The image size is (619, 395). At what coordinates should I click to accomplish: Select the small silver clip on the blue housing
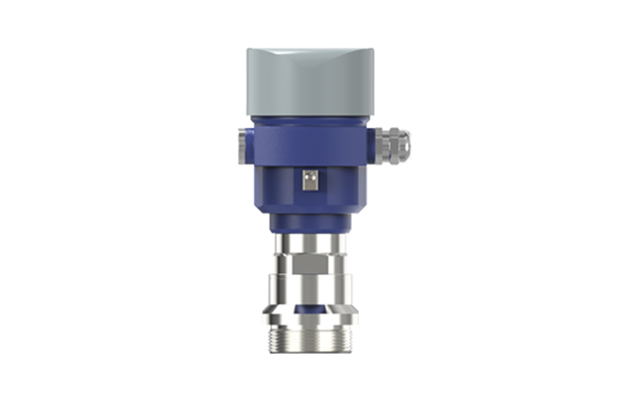pos(308,180)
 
